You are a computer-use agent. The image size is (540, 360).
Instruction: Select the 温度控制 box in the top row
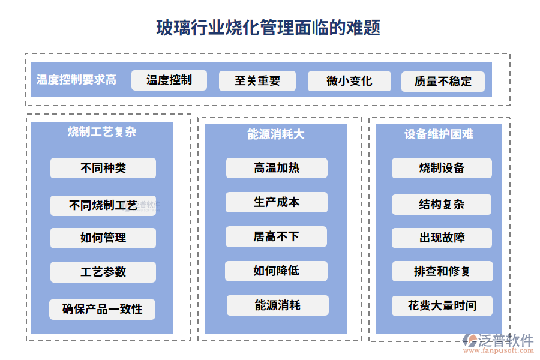[169, 80]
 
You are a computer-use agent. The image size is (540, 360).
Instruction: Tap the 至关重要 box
[257, 81]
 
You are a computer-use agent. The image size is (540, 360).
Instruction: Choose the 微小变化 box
[349, 81]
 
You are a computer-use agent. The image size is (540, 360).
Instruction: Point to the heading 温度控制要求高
[76, 80]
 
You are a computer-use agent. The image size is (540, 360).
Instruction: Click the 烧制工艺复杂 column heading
[102, 132]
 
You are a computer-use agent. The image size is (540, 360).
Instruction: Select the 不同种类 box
[103, 168]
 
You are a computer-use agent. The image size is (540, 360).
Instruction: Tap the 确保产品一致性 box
[103, 310]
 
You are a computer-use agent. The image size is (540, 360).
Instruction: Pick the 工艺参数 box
[103, 272]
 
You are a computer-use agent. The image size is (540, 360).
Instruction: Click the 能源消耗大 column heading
[276, 134]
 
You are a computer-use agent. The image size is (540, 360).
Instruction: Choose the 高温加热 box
[277, 168]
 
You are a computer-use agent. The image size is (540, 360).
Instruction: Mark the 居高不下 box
[276, 236]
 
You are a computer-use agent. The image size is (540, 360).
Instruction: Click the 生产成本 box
[277, 202]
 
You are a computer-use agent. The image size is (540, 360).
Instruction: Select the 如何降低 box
[276, 271]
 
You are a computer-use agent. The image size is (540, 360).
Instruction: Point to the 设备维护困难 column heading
[439, 134]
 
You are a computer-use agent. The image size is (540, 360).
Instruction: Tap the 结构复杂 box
[442, 205]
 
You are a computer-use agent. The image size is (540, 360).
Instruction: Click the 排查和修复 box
[442, 271]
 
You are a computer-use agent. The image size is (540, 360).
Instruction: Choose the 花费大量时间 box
[442, 305]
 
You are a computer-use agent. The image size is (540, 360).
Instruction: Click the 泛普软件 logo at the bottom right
[497, 342]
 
